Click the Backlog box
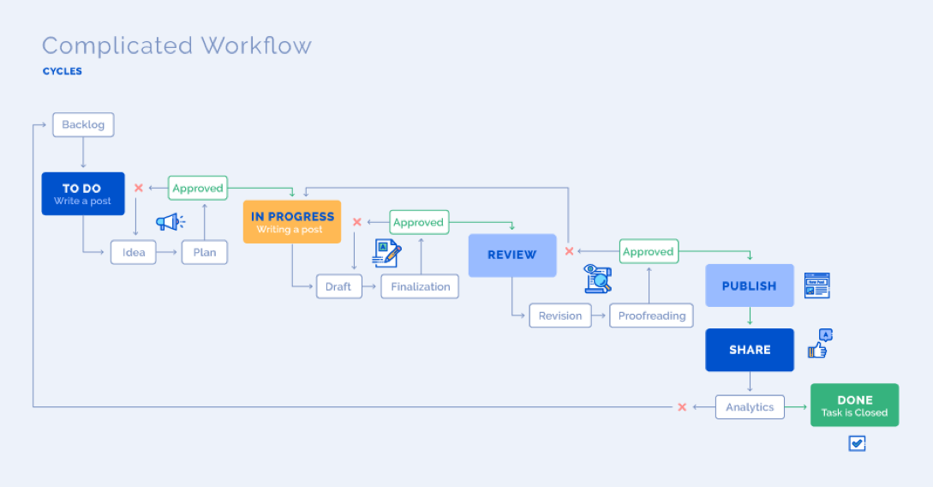pos(83,124)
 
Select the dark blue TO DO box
pos(83,194)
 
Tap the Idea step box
pos(134,252)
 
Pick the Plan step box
pos(205,252)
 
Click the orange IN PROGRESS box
pos(292,222)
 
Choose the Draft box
pos(338,286)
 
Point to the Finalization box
pos(420,286)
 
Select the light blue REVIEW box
pos(512,255)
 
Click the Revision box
pos(560,316)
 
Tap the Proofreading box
pos(652,316)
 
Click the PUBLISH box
pos(750,286)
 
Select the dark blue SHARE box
pos(750,350)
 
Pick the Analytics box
pos(750,407)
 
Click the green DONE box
pos(854,406)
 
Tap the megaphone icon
pos(170,222)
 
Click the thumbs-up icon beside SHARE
pos(819,344)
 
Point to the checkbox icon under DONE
pos(857,443)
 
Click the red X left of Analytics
pos(682,407)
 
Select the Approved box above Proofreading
pos(649,251)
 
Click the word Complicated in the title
pos(117,45)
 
